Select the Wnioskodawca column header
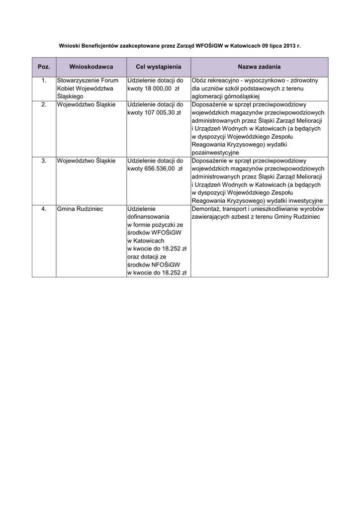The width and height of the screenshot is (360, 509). [91, 67]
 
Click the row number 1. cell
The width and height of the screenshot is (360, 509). [44, 80]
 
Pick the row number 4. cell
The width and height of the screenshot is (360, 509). [44, 209]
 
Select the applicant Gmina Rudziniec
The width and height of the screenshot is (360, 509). [80, 209]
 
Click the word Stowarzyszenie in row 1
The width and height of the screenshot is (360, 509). [78, 80]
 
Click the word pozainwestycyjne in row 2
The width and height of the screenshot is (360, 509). [215, 152]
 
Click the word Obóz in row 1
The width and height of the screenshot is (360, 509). [199, 80]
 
